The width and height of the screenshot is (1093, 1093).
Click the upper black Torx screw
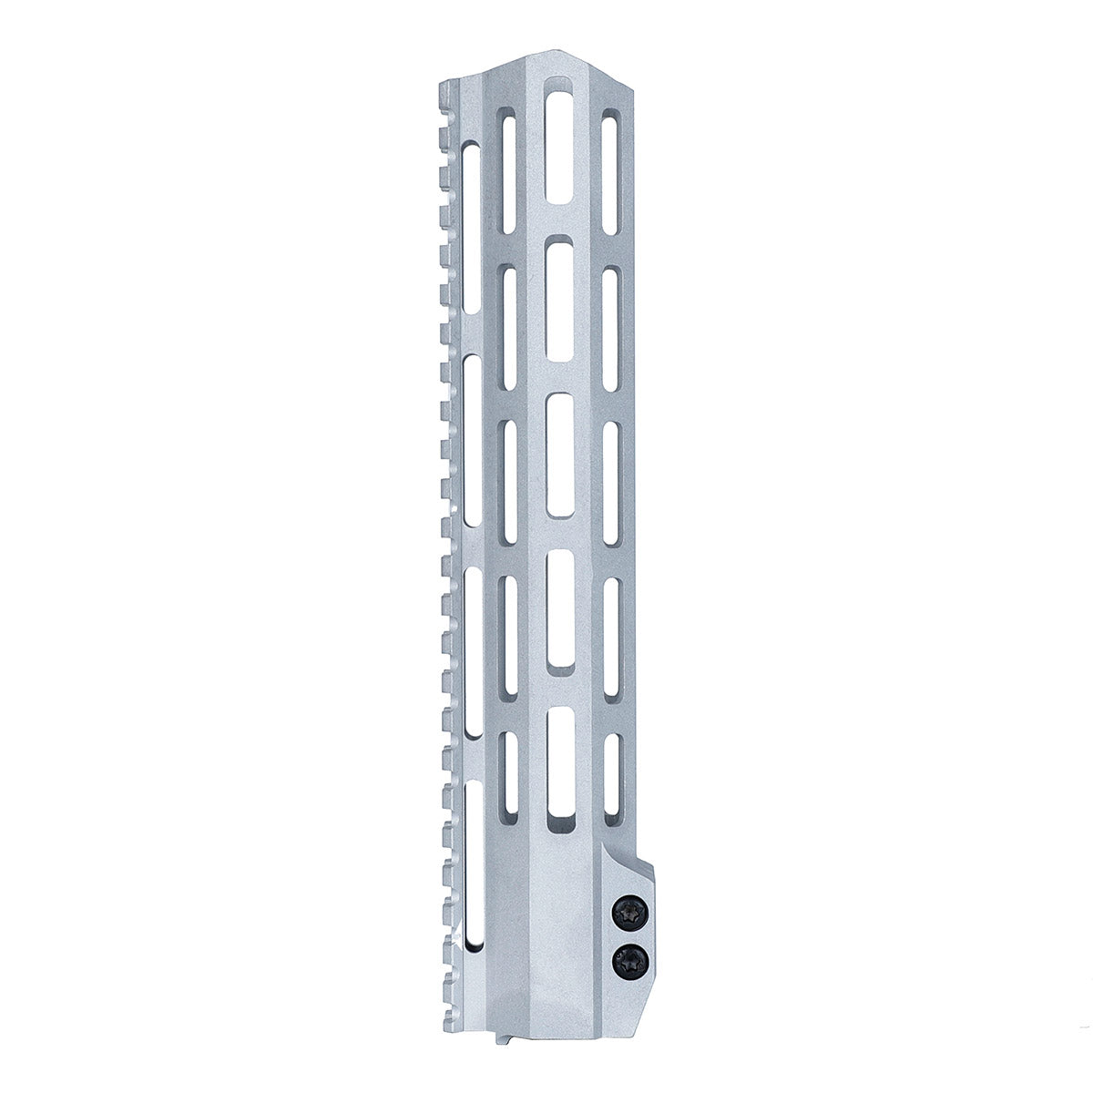point(630,911)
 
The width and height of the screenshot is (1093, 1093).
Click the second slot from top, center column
point(559,298)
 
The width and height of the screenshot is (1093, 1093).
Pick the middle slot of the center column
point(559,455)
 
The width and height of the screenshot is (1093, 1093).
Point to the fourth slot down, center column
point(559,612)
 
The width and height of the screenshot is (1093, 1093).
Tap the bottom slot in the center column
point(559,771)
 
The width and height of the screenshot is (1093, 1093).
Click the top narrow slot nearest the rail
point(472,227)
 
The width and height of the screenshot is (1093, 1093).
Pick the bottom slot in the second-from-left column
point(509,772)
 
